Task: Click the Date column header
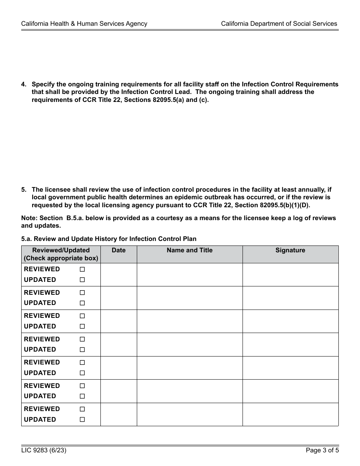pyautogui.click(x=119, y=250)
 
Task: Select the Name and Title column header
pyautogui.click(x=189, y=250)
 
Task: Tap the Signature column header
pyautogui.click(x=290, y=250)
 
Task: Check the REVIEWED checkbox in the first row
pyautogui.click(x=82, y=269)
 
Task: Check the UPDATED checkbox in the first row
pyautogui.click(x=82, y=280)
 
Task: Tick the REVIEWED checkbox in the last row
pyautogui.click(x=82, y=409)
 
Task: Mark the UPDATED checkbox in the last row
pyautogui.click(x=82, y=420)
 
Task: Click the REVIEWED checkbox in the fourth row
pyautogui.click(x=82, y=339)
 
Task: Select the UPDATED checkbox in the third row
pyautogui.click(x=82, y=327)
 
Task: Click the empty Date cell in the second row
pyautogui.click(x=119, y=298)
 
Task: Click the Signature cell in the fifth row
pyautogui.click(x=290, y=368)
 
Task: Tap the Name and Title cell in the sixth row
pyautogui.click(x=189, y=391)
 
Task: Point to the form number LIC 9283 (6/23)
pyautogui.click(x=41, y=450)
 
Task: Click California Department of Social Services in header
pyautogui.click(x=279, y=23)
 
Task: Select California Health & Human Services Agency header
pyautogui.click(x=84, y=23)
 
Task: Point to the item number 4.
pyautogui.click(x=23, y=84)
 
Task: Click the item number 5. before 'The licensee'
pyautogui.click(x=23, y=190)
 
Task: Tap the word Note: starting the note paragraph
pyautogui.click(x=30, y=218)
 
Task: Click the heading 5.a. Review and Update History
pyautogui.click(x=109, y=239)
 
